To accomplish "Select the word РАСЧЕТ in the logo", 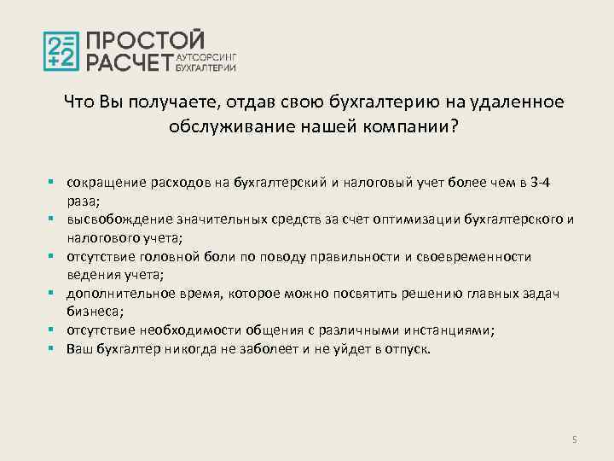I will (x=129, y=61).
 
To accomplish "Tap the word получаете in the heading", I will (x=171, y=102).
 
